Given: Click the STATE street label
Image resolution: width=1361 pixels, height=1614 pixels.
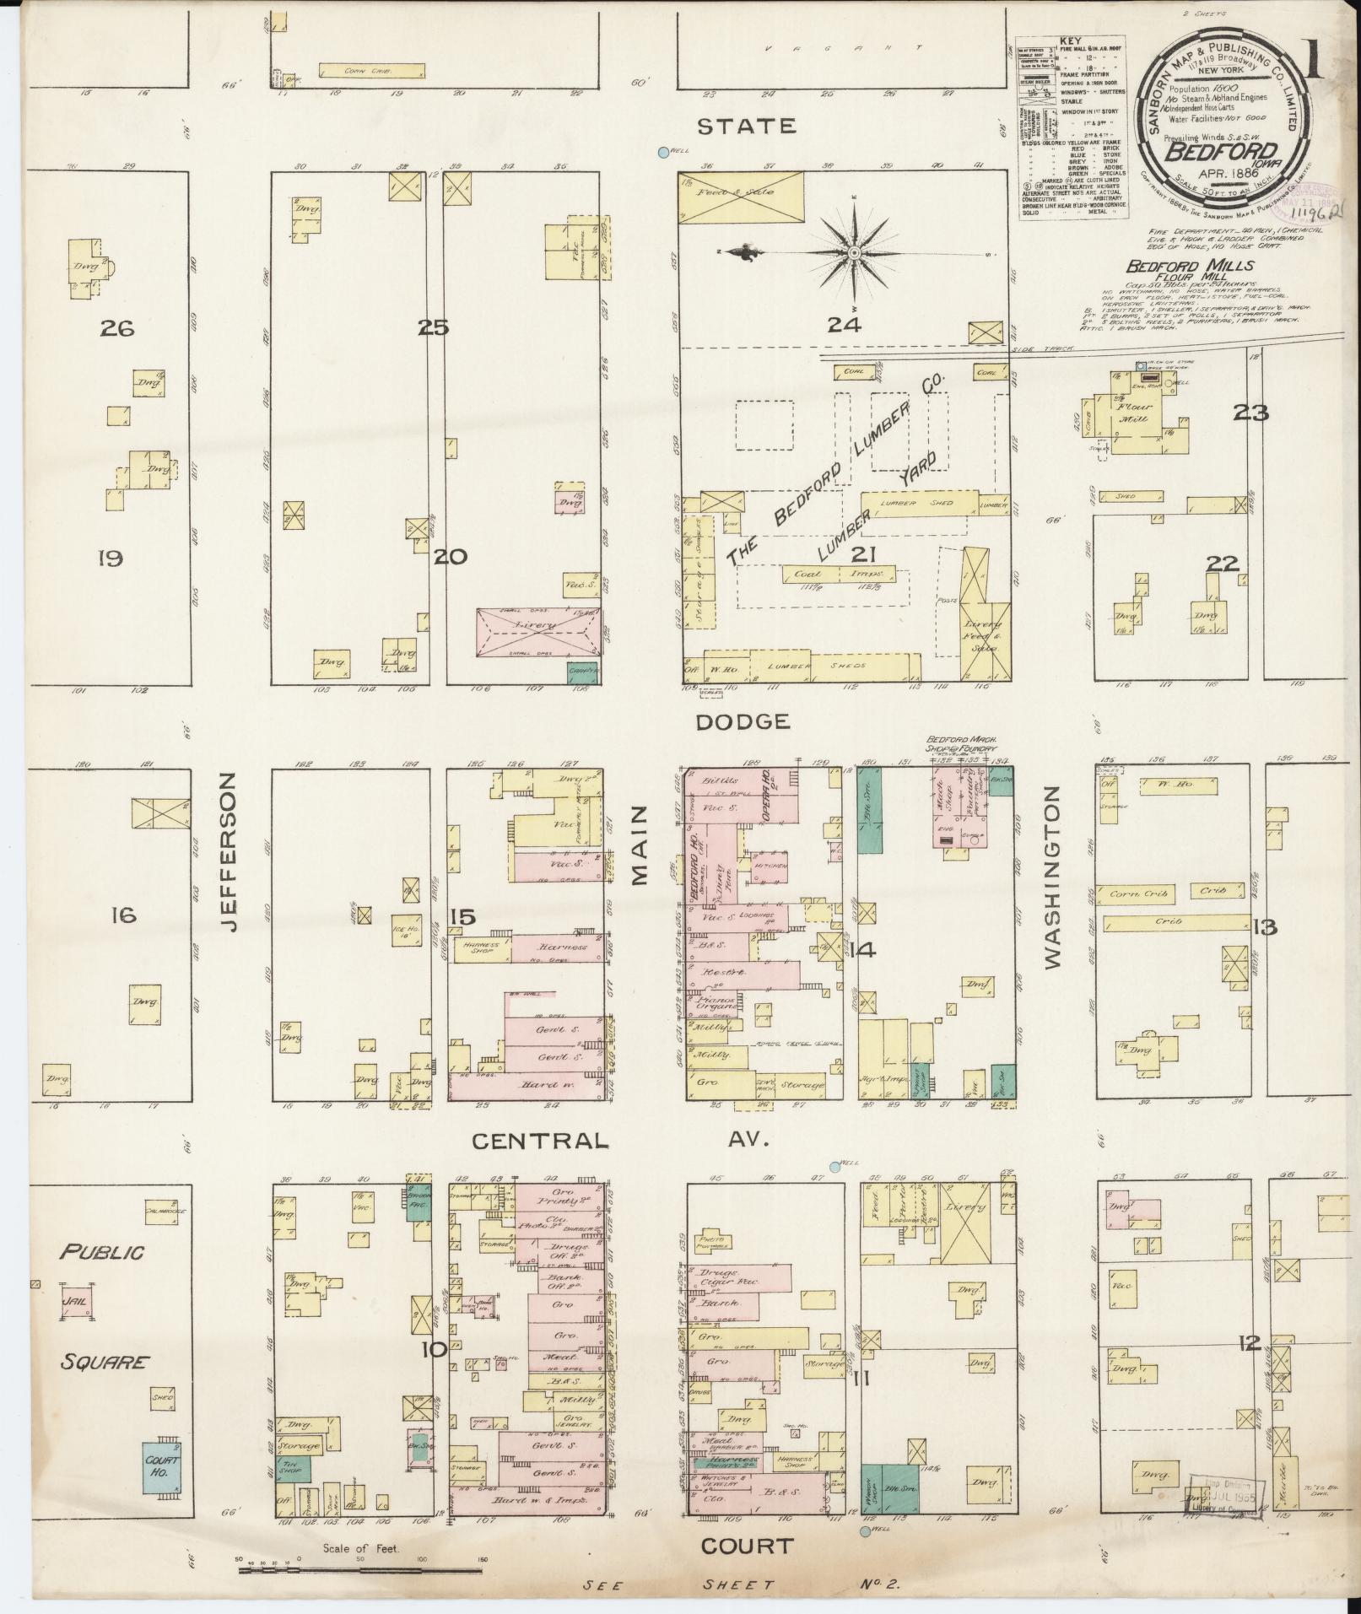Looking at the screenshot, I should [747, 127].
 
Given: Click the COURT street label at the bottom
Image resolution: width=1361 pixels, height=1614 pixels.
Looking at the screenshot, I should [747, 1546].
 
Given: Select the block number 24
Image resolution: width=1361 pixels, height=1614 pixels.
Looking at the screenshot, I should [844, 325].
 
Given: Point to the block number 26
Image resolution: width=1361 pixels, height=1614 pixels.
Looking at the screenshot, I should [116, 327].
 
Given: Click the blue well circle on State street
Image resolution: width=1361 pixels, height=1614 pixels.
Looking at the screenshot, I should [663, 153].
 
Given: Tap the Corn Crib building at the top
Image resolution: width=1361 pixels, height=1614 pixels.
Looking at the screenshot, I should [371, 71].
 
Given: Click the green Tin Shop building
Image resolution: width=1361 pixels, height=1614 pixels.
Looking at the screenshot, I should [294, 1469].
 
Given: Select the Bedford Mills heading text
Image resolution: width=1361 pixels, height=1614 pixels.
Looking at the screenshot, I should [1191, 266].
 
